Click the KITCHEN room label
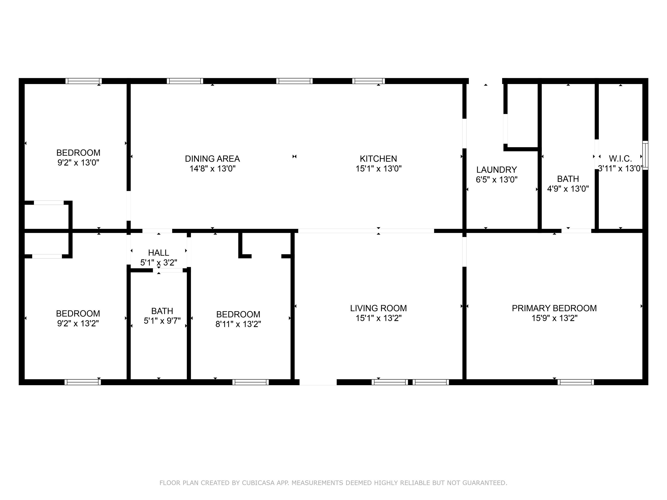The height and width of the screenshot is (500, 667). tap(378, 159)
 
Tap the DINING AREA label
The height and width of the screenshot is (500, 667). tap(212, 159)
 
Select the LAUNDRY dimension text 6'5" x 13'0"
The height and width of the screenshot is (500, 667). tap(496, 180)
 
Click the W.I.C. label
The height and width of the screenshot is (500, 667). tap(620, 159)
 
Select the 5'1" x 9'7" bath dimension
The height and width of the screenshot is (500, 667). tap(162, 321)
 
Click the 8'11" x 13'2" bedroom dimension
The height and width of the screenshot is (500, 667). tap(238, 324)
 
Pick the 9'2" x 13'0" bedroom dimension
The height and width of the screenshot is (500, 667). tap(78, 163)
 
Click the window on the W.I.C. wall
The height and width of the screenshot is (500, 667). tap(645, 155)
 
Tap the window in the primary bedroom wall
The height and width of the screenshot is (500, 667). tap(575, 382)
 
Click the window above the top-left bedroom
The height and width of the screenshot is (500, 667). tap(84, 81)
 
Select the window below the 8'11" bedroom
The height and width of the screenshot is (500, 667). tap(250, 382)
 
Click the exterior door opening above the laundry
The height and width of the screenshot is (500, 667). tap(485, 81)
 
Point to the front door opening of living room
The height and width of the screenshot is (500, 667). tap(318, 382)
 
